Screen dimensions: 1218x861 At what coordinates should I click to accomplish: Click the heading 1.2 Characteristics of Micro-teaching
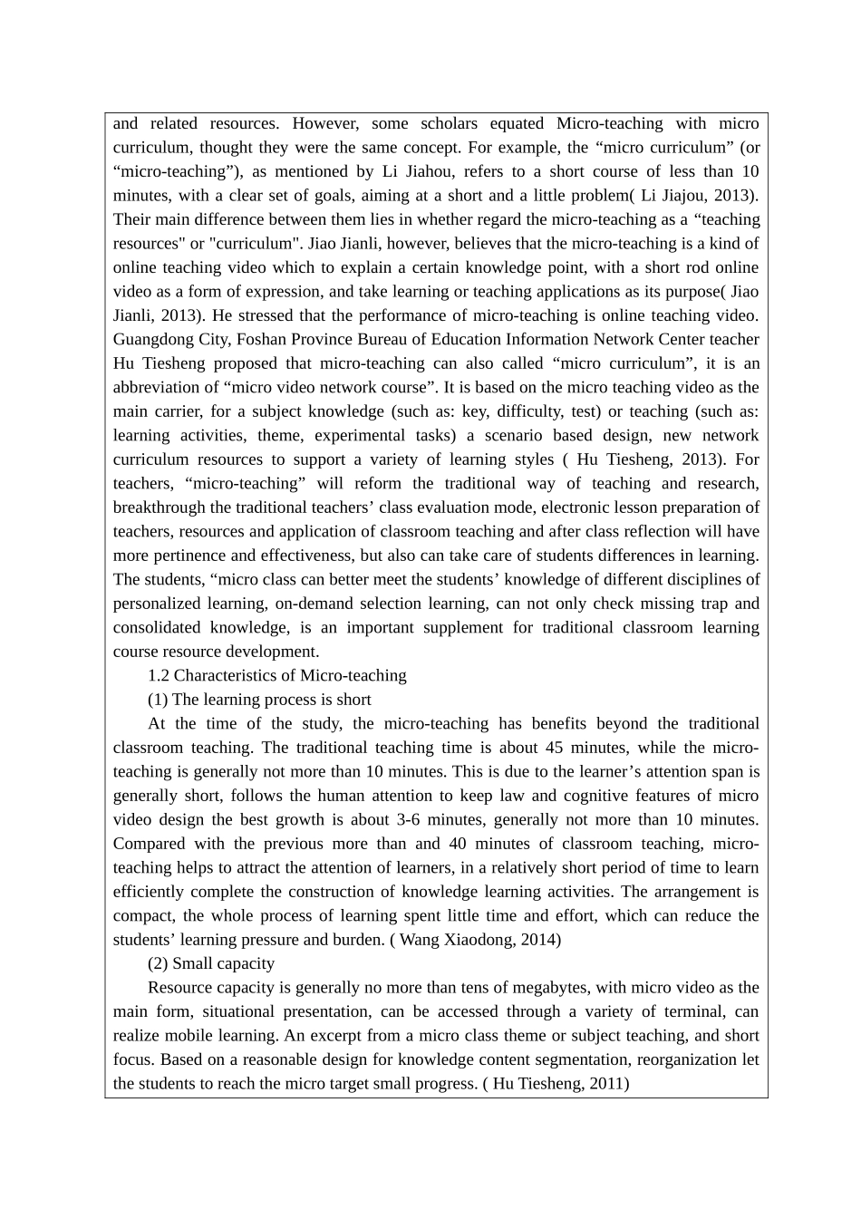[276, 675]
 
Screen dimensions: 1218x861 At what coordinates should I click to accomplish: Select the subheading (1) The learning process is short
[259, 700]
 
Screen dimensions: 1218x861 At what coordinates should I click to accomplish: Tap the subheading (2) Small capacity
[210, 963]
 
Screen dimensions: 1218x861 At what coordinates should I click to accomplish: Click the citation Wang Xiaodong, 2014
[477, 940]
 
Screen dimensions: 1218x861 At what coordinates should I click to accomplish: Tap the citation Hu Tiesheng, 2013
[646, 459]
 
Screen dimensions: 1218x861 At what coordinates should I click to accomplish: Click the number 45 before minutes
[555, 748]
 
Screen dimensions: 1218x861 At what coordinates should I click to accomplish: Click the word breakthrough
[158, 507]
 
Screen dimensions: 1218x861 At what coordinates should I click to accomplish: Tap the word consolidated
[156, 627]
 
